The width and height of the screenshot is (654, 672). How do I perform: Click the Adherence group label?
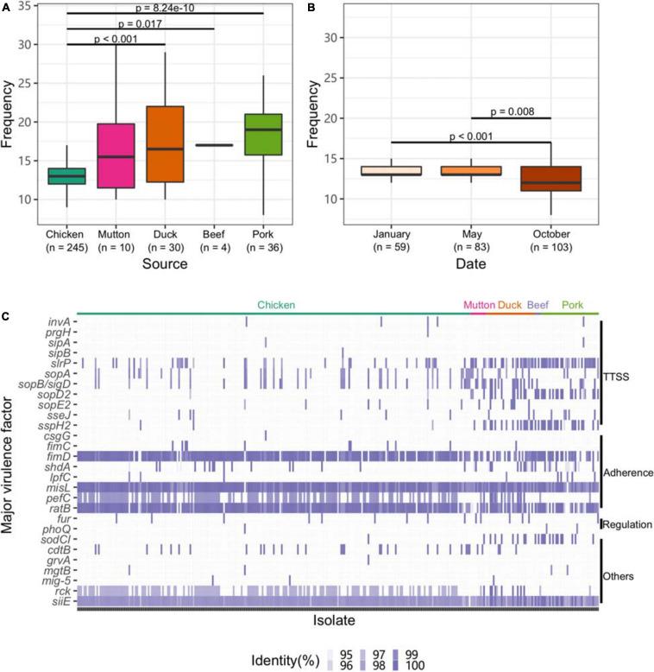coord(627,472)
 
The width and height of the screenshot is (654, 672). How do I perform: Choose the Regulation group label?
coord(627,524)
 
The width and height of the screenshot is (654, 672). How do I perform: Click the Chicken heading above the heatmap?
coord(275,305)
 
